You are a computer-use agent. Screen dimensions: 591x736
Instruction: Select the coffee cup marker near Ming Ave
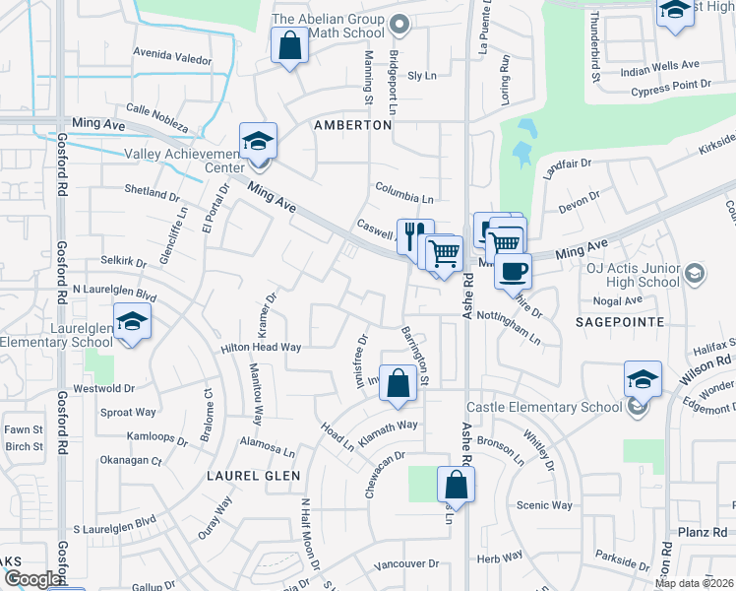512,270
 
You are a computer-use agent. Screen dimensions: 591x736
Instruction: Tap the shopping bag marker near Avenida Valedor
288,45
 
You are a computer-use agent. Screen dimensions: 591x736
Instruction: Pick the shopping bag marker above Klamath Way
397,384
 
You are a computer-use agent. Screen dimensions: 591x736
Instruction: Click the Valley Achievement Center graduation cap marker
258,141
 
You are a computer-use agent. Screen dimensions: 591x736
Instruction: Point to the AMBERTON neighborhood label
353,126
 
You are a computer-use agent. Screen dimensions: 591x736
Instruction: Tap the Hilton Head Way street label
261,348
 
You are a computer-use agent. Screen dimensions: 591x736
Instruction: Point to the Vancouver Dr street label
406,564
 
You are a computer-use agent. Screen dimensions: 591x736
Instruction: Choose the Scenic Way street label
544,505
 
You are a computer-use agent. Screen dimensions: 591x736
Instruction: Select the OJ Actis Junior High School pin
695,273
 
